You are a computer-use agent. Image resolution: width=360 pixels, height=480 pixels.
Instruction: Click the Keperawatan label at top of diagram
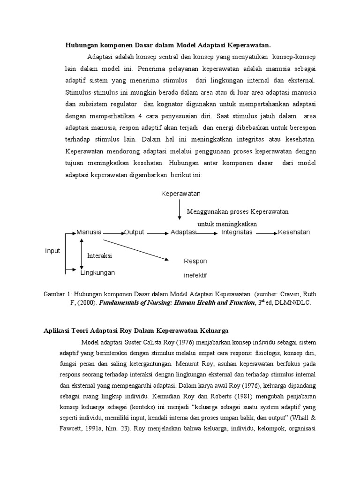(180, 194)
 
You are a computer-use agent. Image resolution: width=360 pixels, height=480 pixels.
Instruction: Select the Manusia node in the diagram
(89, 232)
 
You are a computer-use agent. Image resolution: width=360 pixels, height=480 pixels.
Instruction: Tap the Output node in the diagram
(134, 232)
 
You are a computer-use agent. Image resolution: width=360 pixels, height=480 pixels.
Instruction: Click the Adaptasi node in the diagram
(183, 232)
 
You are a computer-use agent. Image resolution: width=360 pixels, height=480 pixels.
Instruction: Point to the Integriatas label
(237, 232)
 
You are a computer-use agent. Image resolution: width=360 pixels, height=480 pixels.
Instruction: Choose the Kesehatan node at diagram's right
(294, 232)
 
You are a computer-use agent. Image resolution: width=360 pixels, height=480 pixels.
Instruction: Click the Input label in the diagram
(52, 251)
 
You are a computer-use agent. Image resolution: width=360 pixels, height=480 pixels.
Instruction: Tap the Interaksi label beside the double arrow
(100, 256)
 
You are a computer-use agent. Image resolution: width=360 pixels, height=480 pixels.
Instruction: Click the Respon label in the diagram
(195, 261)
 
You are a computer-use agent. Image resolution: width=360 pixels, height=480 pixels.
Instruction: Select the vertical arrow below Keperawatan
(179, 210)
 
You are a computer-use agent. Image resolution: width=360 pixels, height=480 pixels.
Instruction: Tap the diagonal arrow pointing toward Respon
(136, 250)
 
